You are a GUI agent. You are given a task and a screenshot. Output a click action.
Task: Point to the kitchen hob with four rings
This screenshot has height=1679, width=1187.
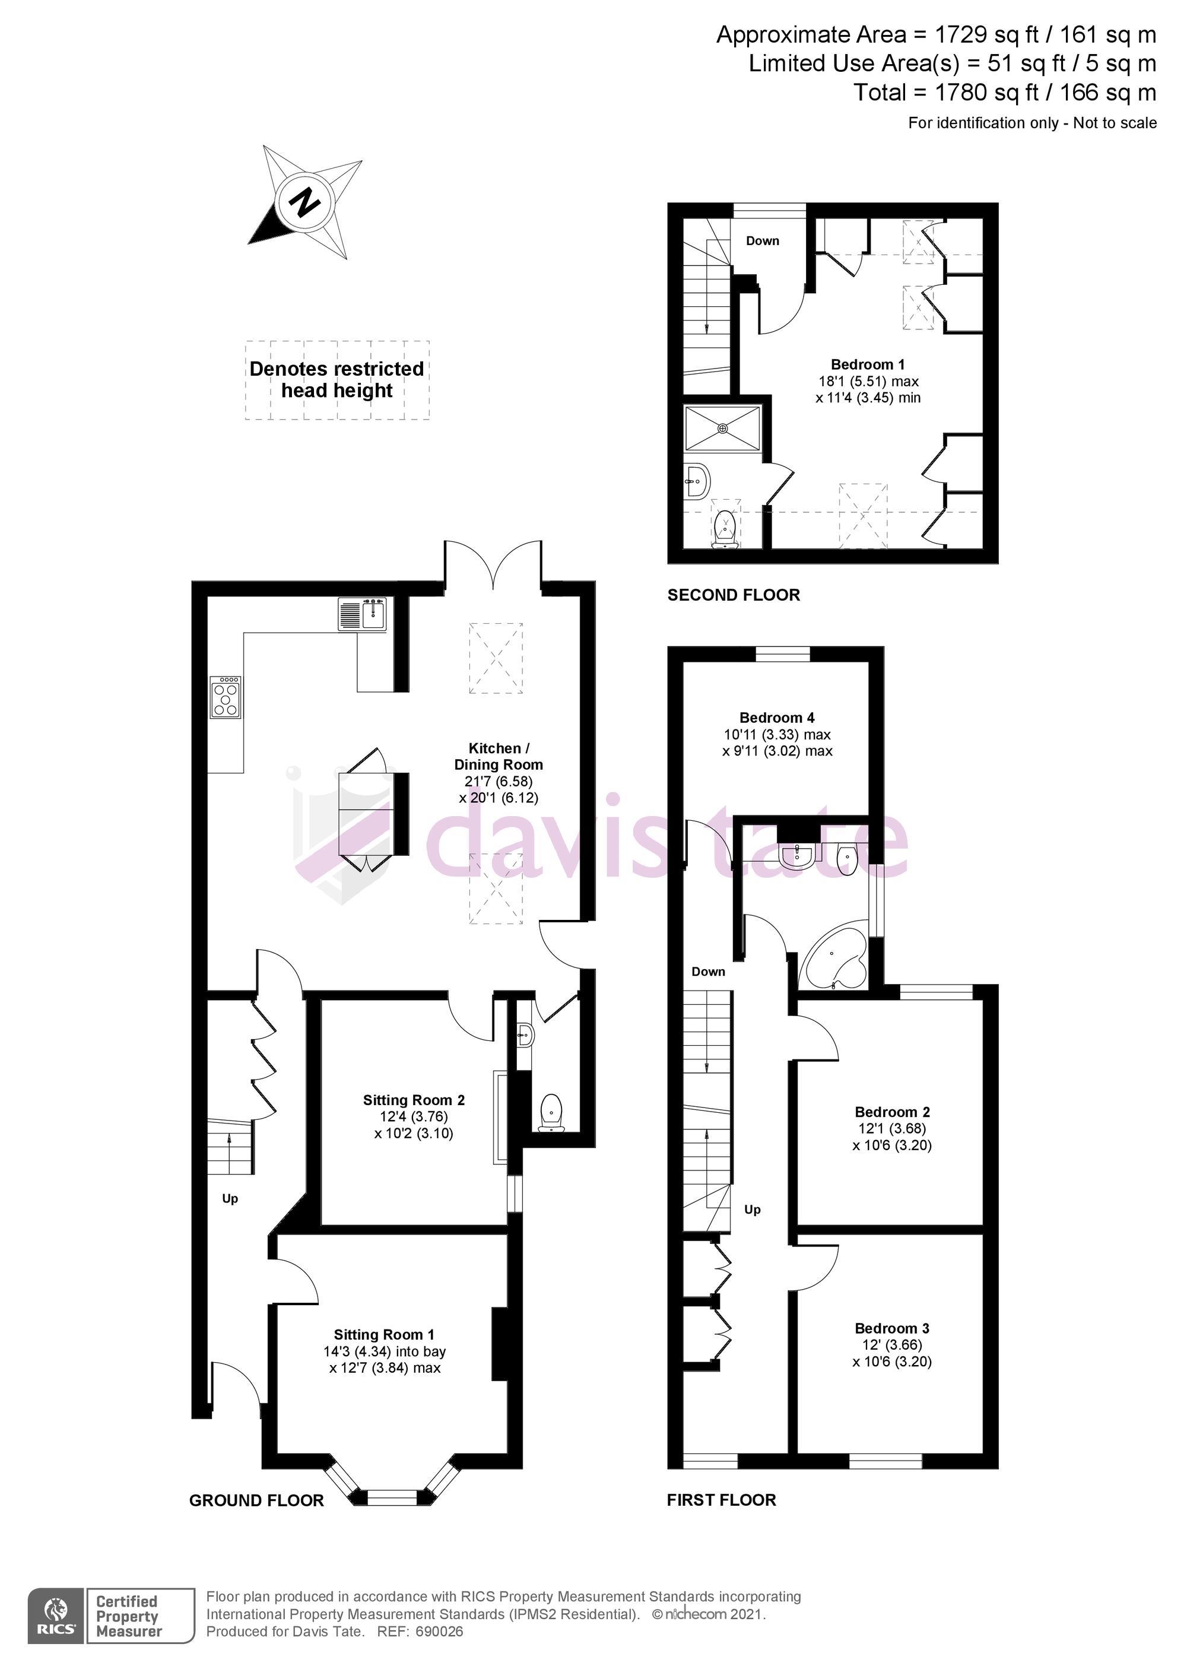pos(226,696)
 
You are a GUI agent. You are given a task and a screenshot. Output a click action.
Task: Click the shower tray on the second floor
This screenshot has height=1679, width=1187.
pos(722,428)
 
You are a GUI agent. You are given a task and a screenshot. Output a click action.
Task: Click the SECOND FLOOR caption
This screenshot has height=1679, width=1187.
pos(734,595)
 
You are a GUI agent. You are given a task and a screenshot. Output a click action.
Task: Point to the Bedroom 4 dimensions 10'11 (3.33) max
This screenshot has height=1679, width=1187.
pos(777,735)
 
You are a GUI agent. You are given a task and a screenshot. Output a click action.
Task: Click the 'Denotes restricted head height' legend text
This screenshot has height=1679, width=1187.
pos(337,379)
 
